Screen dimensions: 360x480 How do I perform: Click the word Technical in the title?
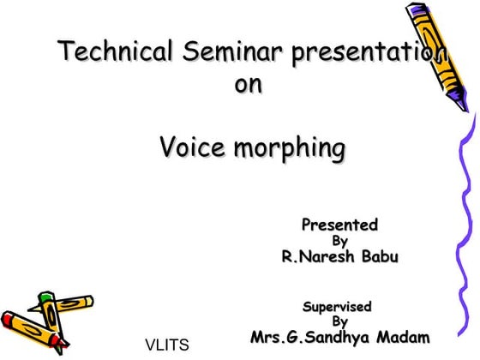tap(111, 52)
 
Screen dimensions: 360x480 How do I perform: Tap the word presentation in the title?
tap(369, 52)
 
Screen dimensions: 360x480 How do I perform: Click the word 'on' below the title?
tap(248, 86)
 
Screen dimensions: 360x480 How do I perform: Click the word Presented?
tap(339, 225)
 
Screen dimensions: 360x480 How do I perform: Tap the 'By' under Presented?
tap(339, 241)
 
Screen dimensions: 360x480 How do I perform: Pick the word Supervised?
tap(337, 306)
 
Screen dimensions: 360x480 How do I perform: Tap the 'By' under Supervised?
tap(339, 321)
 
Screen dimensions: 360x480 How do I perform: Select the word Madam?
tap(399, 336)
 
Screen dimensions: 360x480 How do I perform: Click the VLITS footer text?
tap(166, 346)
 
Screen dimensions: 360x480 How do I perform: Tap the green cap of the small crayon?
tap(45, 297)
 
